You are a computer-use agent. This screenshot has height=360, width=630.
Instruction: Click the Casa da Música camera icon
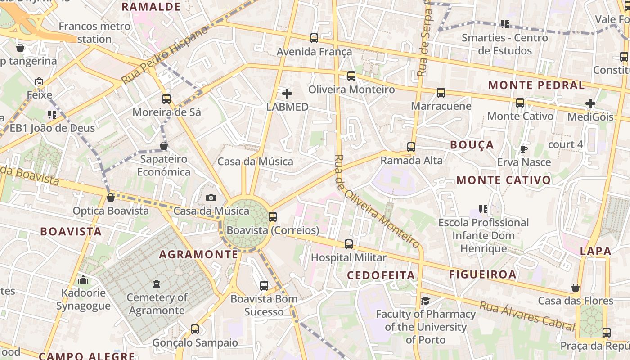tap(211, 198)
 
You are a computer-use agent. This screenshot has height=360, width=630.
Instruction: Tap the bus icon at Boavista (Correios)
tap(272, 216)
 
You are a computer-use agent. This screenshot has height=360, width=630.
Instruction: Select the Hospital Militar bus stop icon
tap(349, 244)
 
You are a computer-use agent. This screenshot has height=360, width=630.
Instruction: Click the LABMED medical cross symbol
tap(287, 94)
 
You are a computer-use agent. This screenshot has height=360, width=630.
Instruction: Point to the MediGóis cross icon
tap(590, 103)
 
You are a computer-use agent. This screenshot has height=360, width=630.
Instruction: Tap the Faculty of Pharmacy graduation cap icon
tap(425, 301)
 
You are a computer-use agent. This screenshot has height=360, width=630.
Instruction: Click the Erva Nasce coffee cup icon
tap(523, 149)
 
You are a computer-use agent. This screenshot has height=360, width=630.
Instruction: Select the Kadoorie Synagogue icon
tap(83, 280)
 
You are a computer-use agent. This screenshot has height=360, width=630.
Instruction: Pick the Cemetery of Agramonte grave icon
tap(156, 284)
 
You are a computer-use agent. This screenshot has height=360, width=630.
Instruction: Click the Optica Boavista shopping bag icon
tap(111, 198)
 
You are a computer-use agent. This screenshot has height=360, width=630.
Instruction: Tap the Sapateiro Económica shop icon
tap(164, 146)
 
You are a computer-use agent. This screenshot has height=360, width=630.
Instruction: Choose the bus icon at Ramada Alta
tap(411, 147)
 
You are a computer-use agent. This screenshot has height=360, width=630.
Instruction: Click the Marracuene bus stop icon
tap(441, 93)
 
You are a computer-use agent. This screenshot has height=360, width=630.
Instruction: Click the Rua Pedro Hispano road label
tap(165, 55)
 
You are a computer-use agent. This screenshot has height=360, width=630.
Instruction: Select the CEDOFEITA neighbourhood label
tap(381, 275)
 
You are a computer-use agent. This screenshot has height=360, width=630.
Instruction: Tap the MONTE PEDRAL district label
tap(536, 85)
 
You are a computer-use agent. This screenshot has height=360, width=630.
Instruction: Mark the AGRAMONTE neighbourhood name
tap(198, 254)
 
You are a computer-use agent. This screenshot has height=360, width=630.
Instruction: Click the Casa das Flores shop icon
tap(575, 288)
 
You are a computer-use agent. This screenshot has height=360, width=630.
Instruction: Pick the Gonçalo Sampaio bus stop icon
tap(195, 329)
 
